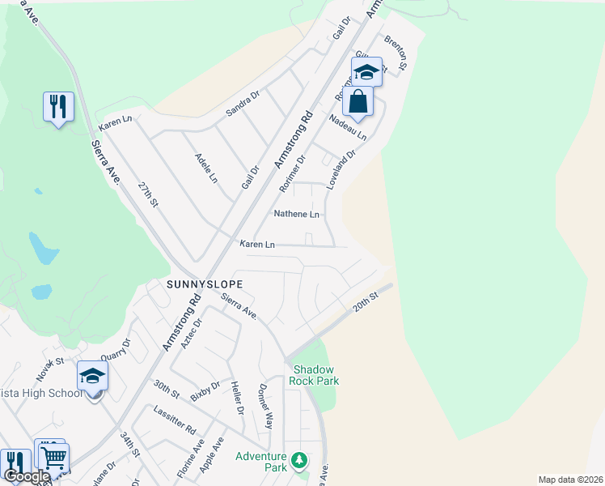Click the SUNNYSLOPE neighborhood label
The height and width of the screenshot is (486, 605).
(205, 284)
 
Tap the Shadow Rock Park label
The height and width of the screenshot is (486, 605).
(315, 375)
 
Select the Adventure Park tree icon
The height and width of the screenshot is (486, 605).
(300, 461)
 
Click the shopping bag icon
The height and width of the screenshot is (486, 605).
(357, 103)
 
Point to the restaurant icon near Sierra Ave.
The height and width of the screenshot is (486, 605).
(58, 106)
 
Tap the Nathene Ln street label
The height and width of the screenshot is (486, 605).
(297, 214)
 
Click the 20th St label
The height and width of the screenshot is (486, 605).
(366, 305)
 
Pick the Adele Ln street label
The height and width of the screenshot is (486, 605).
(206, 168)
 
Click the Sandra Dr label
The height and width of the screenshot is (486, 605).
(243, 104)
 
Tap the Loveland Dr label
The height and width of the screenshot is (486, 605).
(341, 170)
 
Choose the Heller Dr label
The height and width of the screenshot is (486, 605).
(237, 398)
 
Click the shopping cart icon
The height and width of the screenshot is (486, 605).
(53, 458)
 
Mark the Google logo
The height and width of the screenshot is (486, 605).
(27, 477)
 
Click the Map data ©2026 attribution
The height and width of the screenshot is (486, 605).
(570, 480)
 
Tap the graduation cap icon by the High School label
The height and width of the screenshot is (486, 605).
(92, 376)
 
